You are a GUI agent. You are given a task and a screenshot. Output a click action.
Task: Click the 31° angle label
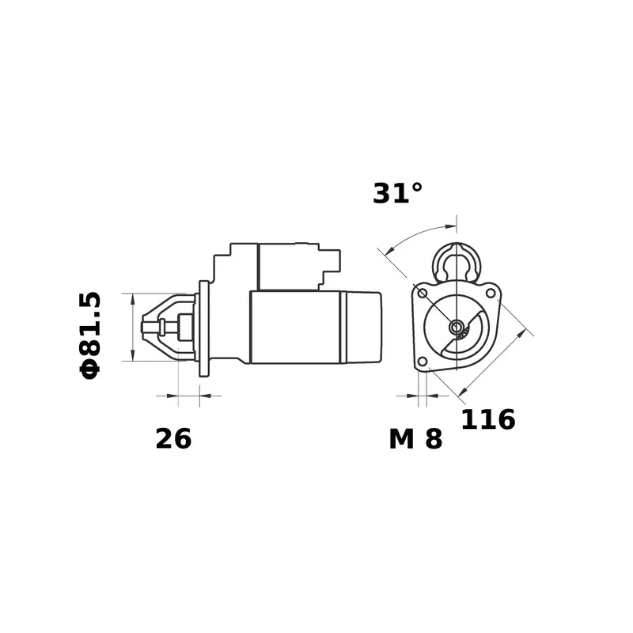[x=397, y=193]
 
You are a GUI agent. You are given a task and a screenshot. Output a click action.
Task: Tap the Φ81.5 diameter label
[x=90, y=335]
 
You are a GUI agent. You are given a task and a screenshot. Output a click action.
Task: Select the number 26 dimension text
[x=173, y=439]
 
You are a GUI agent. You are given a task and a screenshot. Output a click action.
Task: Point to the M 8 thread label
[x=415, y=439]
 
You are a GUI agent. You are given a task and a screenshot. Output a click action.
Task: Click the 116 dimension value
[x=487, y=419]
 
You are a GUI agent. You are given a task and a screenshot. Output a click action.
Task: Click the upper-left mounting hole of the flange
[x=423, y=294]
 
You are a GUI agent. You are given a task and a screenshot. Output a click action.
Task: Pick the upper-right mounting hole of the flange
[x=490, y=293]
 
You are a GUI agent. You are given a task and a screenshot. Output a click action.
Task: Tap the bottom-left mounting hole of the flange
[x=422, y=362]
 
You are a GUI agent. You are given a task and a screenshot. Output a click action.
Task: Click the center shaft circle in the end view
[x=457, y=327]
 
